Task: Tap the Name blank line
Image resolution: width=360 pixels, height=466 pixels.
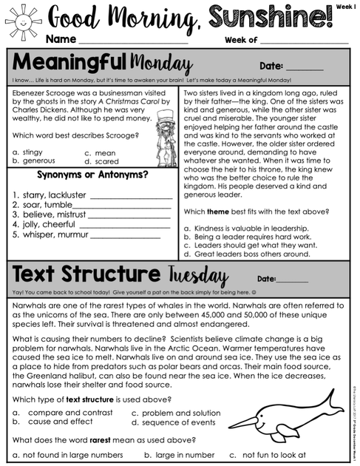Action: click(x=133, y=41)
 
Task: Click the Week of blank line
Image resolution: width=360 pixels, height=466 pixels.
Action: click(x=303, y=41)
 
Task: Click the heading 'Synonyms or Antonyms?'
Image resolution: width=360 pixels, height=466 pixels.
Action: click(x=92, y=175)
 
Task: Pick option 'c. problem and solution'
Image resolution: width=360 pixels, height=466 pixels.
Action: click(x=173, y=413)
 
